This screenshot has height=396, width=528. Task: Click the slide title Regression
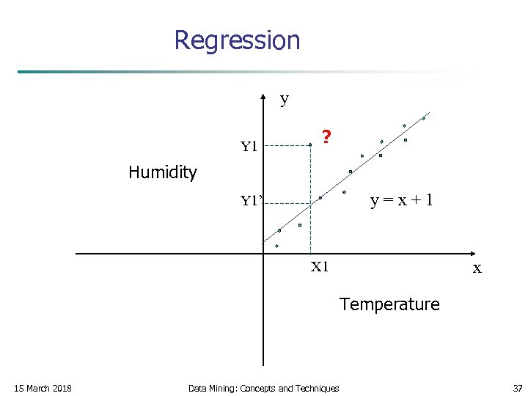coord(237,40)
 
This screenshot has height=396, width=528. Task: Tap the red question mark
coord(326,136)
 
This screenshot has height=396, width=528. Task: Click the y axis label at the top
coord(285,99)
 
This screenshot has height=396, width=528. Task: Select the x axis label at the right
coord(477,268)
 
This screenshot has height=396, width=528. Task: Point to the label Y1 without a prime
coord(249,147)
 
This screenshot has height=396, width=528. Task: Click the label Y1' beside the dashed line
coord(252,200)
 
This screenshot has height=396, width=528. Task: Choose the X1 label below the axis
coord(319,267)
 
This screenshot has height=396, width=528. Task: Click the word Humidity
coord(163,172)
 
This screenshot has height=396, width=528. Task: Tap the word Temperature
coord(389,304)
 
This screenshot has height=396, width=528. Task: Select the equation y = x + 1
coord(400,199)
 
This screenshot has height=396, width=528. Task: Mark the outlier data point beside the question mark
coord(310,145)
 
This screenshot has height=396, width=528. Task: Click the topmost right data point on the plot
coord(423,117)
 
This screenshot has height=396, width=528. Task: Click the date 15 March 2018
coord(43,388)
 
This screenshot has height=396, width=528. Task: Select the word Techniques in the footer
coord(317,388)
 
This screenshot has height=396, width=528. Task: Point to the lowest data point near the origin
coord(277,246)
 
